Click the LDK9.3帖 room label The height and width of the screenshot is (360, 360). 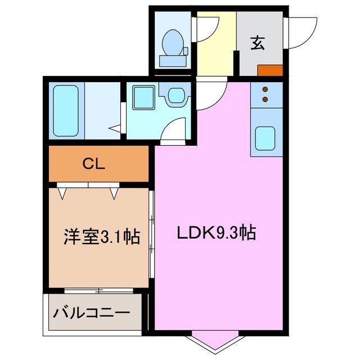217,232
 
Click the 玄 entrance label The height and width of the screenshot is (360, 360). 258,43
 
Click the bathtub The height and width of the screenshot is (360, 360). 66,110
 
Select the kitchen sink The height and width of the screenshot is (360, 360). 265,137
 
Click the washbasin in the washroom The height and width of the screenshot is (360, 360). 176,95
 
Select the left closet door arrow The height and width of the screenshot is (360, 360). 63,193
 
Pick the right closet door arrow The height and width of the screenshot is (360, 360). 114,193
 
